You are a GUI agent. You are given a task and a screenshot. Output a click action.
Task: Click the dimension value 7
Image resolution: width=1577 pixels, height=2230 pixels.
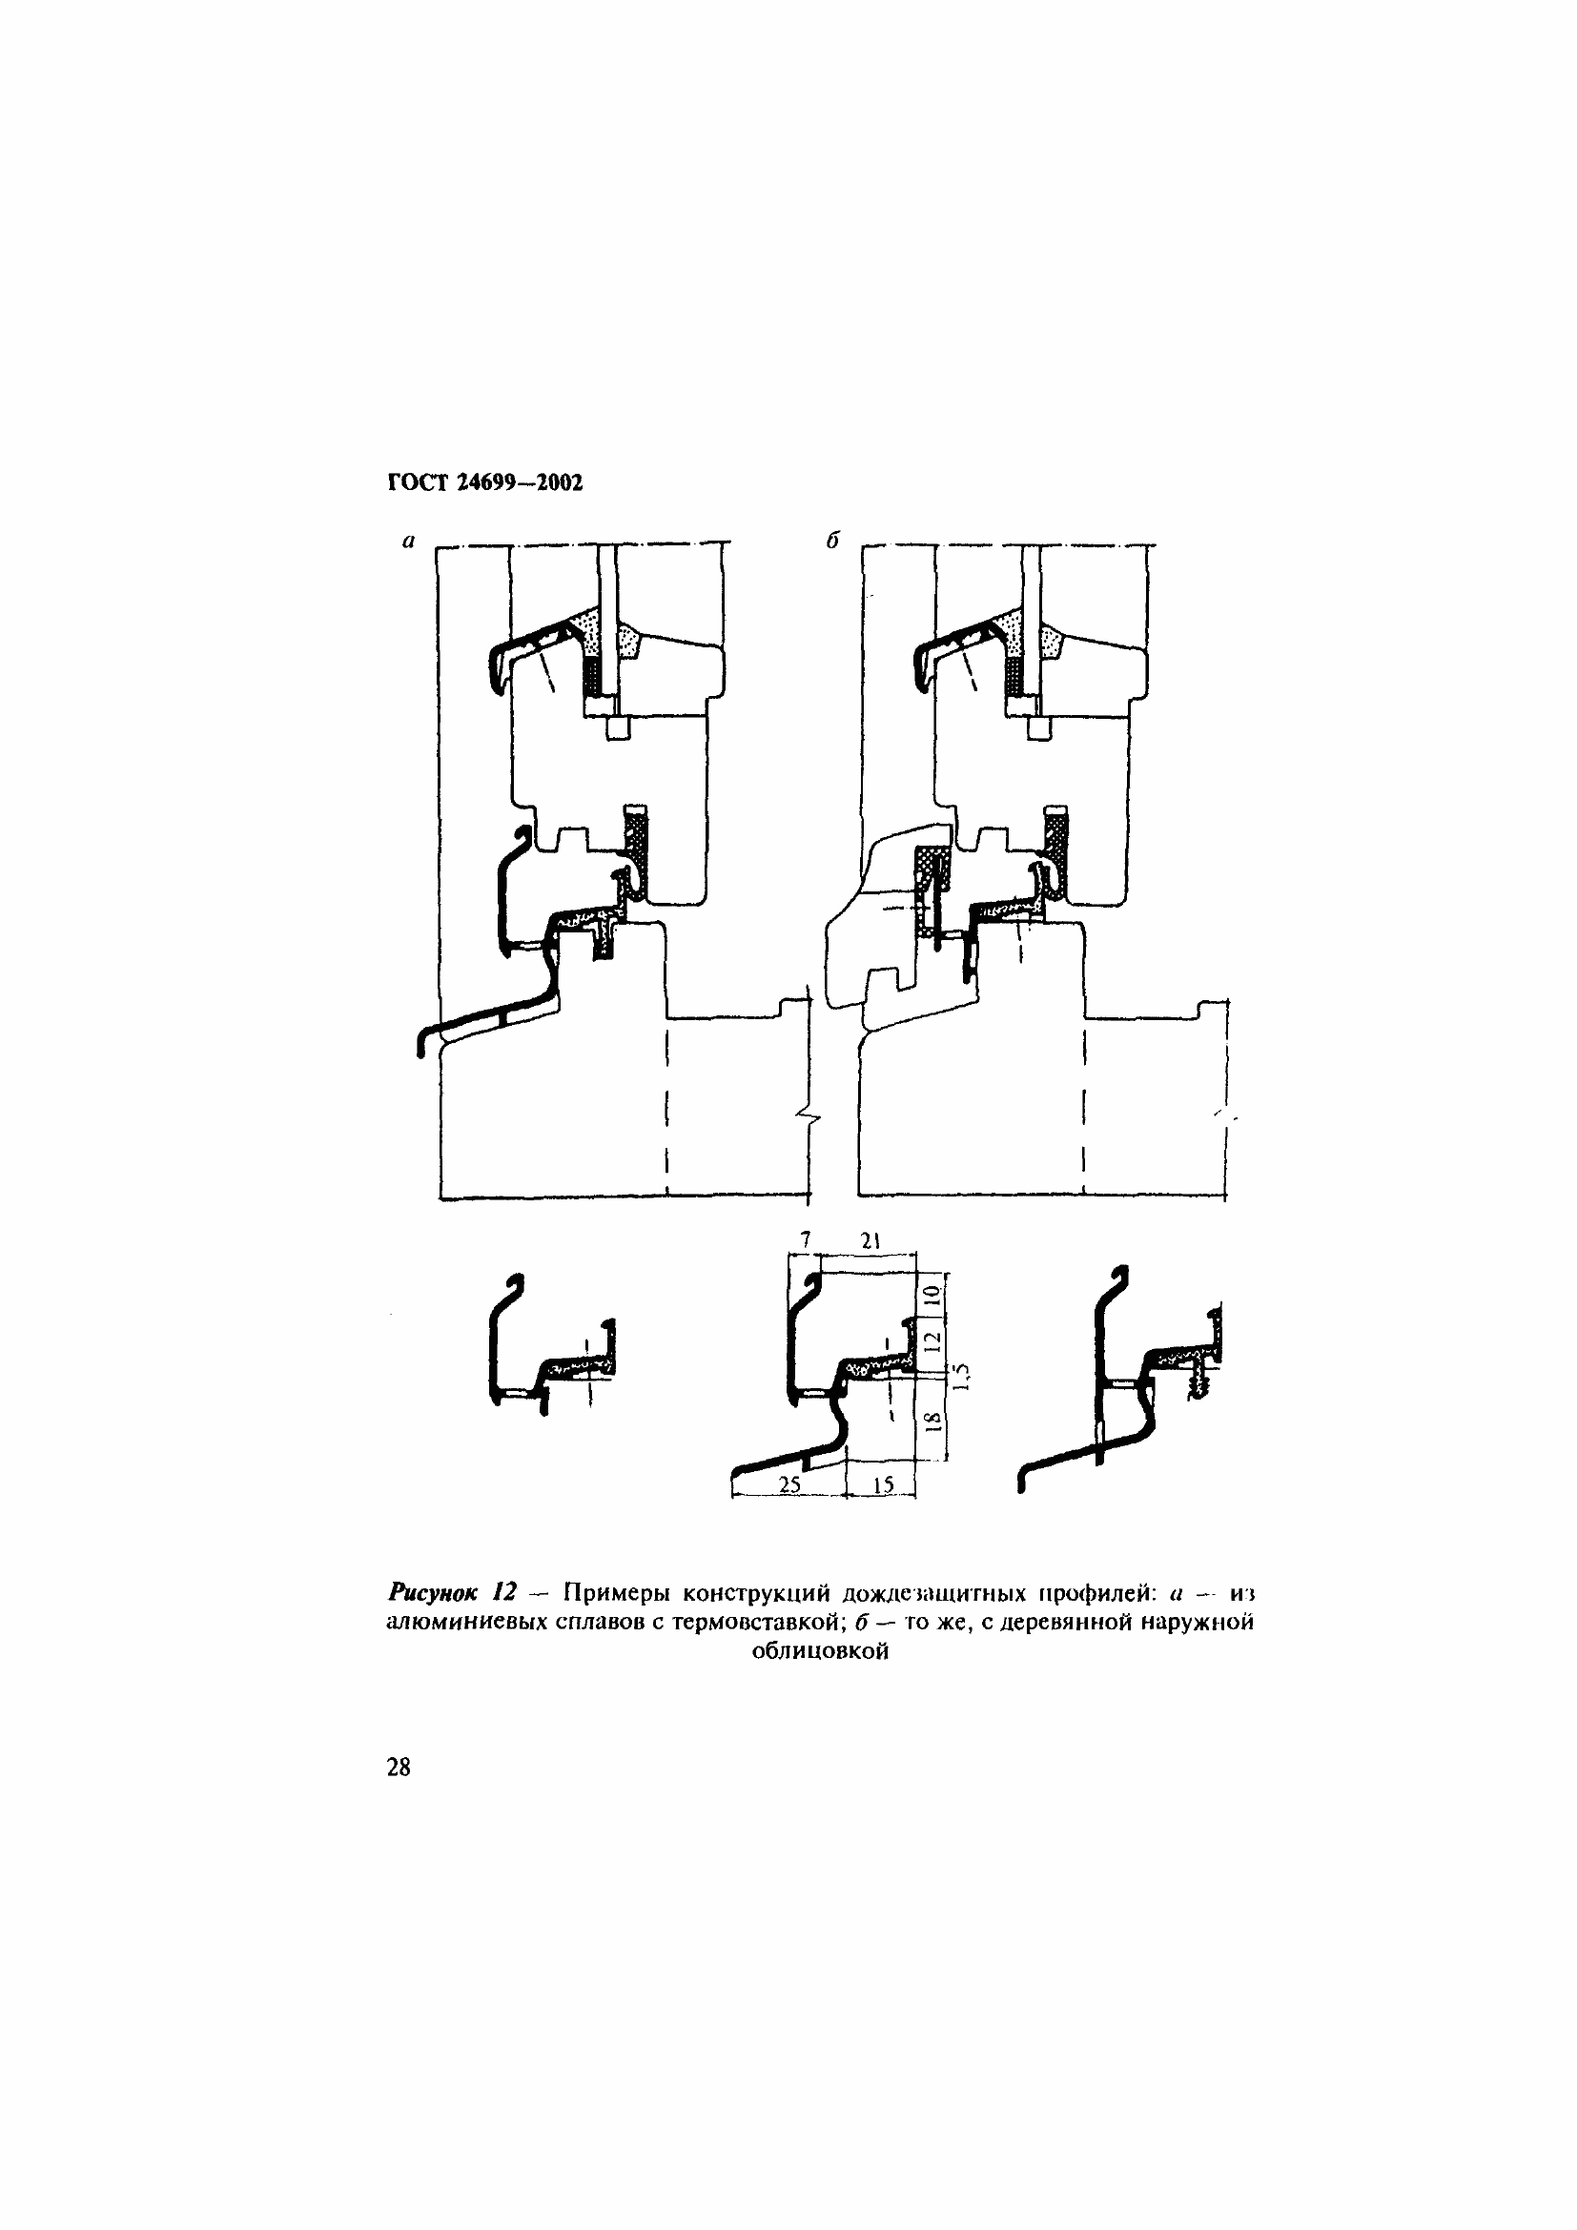[x=806, y=1238]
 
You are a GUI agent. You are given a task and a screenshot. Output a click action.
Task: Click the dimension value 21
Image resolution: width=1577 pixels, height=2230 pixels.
[x=870, y=1238]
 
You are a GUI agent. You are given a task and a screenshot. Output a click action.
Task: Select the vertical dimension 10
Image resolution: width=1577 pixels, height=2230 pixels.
[x=932, y=1294]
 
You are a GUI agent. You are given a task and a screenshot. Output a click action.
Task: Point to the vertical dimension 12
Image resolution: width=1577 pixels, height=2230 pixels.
[x=932, y=1341]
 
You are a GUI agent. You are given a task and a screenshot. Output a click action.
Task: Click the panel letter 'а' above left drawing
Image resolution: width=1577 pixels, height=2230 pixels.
[x=409, y=541]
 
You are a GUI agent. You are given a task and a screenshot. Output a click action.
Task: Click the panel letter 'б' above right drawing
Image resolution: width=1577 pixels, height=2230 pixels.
[x=832, y=540]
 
